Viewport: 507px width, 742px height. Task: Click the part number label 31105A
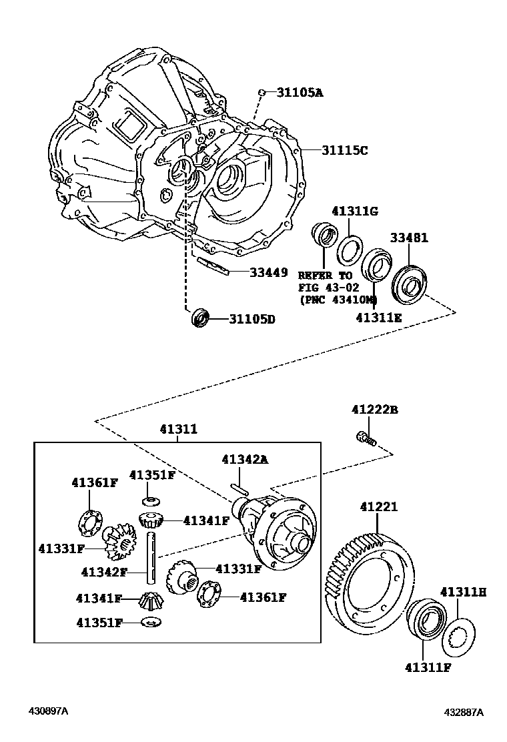300,93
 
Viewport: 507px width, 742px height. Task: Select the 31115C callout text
345,150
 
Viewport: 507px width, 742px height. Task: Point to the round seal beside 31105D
200,318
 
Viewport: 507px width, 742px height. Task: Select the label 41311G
356,212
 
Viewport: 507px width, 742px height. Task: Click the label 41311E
378,318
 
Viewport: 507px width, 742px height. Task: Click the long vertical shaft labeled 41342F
153,553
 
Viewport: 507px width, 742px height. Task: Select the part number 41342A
244,459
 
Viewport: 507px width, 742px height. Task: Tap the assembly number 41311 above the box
177,430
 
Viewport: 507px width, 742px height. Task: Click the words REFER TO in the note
324,275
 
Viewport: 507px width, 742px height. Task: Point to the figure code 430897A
47,711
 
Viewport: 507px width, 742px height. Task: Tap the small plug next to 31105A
264,92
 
